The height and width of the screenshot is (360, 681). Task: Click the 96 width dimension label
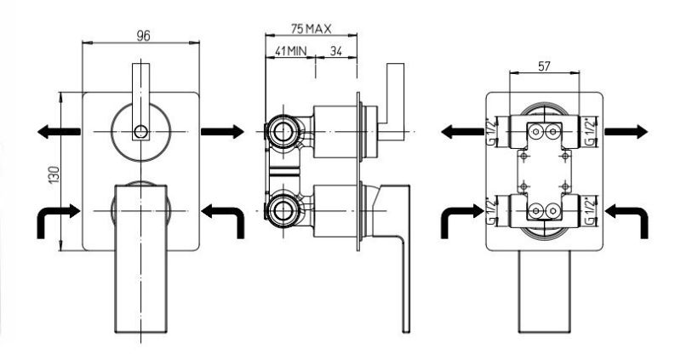click(143, 36)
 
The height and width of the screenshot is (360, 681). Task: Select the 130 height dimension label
click(54, 174)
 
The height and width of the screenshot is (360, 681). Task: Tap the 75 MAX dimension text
click(311, 29)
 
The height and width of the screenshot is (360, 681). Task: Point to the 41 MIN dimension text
click(290, 51)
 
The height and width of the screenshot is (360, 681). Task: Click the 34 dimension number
click(335, 51)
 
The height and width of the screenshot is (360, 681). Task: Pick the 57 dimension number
click(544, 66)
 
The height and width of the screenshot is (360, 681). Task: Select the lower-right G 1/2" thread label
click(590, 210)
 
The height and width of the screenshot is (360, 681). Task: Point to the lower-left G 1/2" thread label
click(491, 210)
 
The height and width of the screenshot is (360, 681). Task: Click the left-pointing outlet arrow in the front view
click(59, 131)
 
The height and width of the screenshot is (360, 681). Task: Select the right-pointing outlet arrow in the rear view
click(627, 131)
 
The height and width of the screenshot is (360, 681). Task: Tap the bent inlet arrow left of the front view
click(59, 221)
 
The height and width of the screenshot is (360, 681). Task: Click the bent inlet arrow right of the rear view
click(627, 221)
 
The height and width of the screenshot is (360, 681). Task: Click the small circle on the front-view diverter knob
click(140, 131)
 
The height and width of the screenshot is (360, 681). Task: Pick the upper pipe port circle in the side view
click(283, 131)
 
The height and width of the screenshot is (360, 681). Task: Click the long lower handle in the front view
click(140, 259)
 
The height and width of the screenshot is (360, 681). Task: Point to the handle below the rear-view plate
click(544, 291)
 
